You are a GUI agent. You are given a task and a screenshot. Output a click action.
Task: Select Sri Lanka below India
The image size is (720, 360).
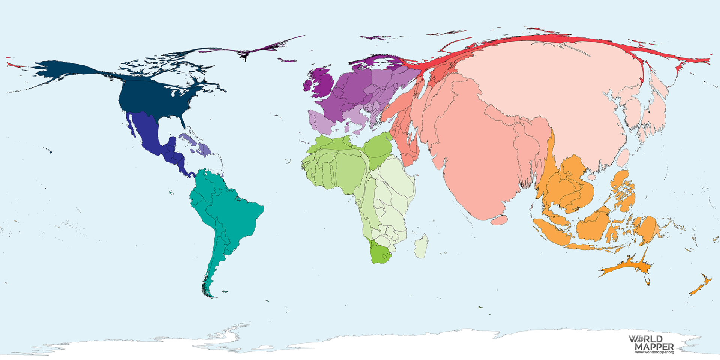[x=499, y=220]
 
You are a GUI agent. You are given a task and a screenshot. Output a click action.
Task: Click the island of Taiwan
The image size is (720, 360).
[x=623, y=158]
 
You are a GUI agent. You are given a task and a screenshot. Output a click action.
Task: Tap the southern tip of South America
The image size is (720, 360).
[x=208, y=294]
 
